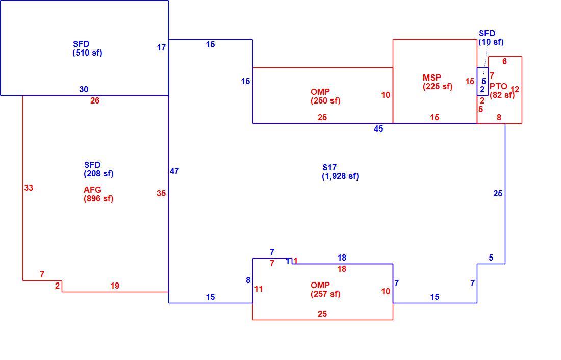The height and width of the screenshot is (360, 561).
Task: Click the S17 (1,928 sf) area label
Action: (x=340, y=172)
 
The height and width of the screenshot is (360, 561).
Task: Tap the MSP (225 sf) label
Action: (x=437, y=82)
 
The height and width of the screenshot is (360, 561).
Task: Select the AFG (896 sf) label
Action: (x=98, y=194)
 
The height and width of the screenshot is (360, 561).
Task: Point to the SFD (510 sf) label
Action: (x=87, y=48)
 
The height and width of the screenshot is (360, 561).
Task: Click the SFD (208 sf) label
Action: (x=98, y=169)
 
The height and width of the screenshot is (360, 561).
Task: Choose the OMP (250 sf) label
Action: (x=325, y=96)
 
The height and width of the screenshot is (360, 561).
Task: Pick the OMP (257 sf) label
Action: (x=325, y=290)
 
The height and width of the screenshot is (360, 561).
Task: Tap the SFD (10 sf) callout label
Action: (x=491, y=38)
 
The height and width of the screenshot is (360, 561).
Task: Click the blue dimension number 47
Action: (x=174, y=171)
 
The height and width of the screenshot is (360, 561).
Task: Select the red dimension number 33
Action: (x=29, y=188)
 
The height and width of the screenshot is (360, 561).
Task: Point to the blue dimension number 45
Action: (x=378, y=129)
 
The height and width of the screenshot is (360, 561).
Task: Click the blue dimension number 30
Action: (x=84, y=89)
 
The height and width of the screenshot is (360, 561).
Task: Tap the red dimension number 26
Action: (x=95, y=101)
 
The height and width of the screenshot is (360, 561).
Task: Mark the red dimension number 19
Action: (x=114, y=286)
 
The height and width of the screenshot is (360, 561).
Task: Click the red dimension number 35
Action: (x=161, y=194)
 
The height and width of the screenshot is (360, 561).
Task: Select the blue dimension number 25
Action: (x=498, y=194)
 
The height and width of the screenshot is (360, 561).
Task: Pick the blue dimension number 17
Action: (x=161, y=47)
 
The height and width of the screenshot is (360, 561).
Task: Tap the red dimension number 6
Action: (x=504, y=62)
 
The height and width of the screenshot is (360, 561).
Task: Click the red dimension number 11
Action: (x=259, y=289)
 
